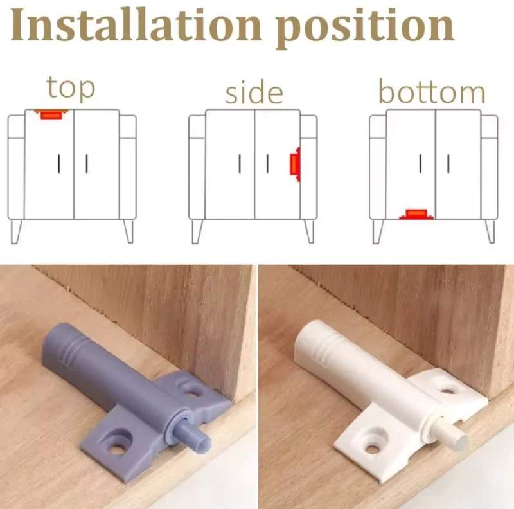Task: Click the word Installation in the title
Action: click(x=136, y=25)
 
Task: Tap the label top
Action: click(x=71, y=88)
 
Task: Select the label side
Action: click(x=254, y=92)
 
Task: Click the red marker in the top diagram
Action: click(x=51, y=114)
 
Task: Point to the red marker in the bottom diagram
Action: click(x=416, y=214)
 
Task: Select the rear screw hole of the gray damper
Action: click(x=191, y=391)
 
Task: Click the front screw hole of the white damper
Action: click(x=372, y=448)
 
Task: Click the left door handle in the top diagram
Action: click(x=59, y=164)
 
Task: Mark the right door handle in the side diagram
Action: click(x=267, y=164)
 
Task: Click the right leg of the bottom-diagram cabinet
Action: click(x=490, y=231)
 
